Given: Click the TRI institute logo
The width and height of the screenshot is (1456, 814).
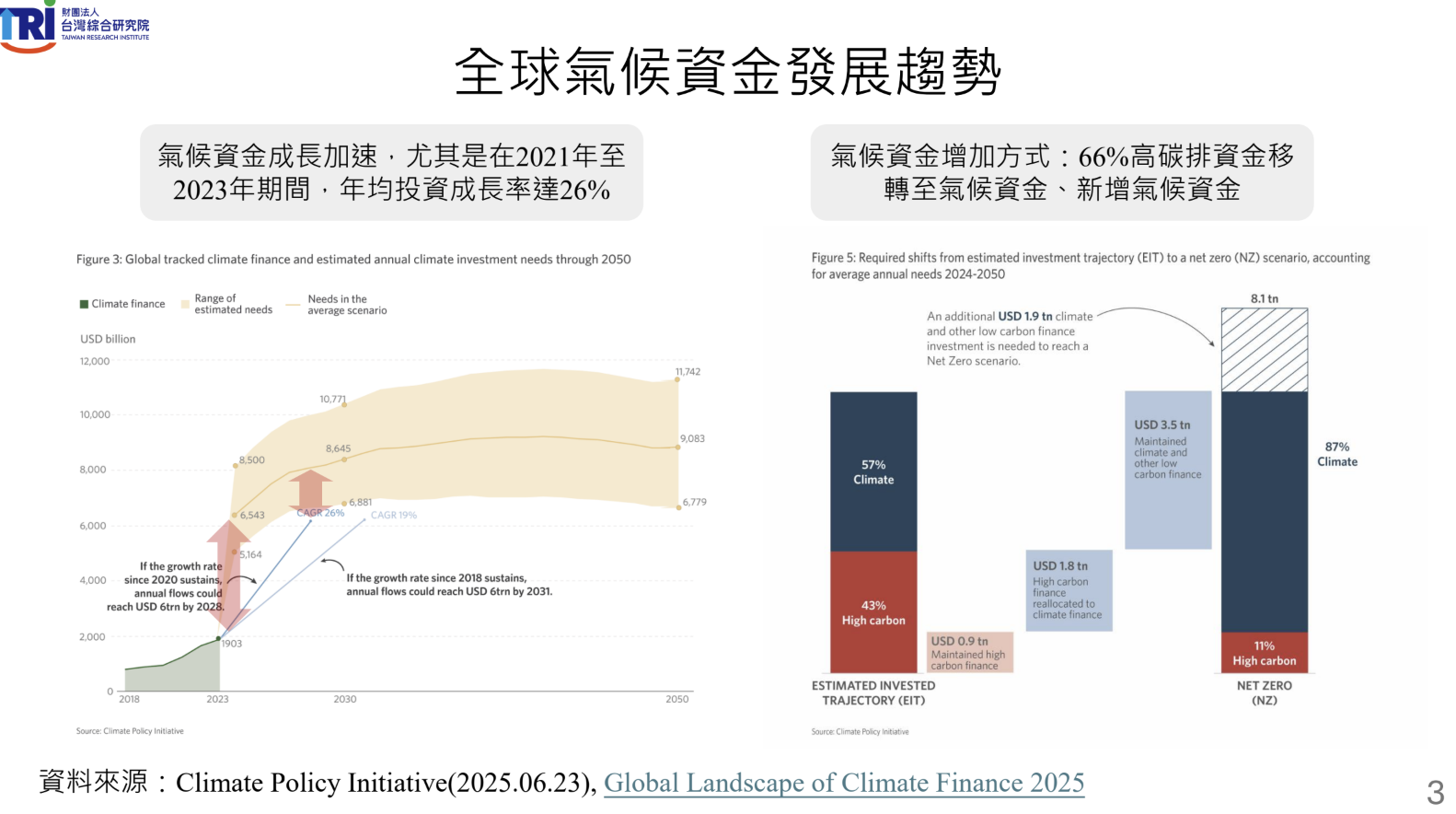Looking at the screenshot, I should [x=74, y=26].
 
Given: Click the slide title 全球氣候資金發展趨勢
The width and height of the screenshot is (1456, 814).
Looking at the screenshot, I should [x=727, y=72].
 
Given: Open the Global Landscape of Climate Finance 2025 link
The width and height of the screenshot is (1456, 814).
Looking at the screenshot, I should [x=843, y=783].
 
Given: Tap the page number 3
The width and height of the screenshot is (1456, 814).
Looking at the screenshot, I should [x=1435, y=792].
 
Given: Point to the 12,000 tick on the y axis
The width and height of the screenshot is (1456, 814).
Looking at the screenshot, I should [x=94, y=361].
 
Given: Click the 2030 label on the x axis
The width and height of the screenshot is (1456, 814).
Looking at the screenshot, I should [x=345, y=699].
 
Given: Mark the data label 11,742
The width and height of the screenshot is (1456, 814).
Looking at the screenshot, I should [x=688, y=372].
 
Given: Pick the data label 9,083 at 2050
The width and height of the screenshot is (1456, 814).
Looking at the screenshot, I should [x=692, y=438].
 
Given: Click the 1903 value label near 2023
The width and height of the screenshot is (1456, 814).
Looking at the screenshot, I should [x=232, y=644].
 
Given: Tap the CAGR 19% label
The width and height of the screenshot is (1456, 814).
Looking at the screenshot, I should [x=394, y=515].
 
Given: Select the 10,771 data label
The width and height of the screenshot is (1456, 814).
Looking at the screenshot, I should [x=332, y=399].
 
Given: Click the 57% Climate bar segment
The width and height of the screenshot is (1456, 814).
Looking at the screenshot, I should [x=873, y=471].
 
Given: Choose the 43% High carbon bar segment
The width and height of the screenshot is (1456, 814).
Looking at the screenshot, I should [x=873, y=612].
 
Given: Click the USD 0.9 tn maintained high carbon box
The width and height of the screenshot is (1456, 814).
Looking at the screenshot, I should [x=969, y=652].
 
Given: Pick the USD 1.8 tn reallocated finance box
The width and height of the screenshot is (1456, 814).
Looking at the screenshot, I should [x=1069, y=590].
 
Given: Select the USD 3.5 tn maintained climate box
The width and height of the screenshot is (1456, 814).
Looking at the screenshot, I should [x=1168, y=470].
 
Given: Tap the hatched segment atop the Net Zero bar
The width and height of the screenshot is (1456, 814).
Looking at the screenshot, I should [x=1264, y=350].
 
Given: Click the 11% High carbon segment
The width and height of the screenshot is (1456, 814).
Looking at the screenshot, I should [x=1264, y=653].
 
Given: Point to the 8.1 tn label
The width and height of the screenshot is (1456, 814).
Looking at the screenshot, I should [x=1264, y=298].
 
